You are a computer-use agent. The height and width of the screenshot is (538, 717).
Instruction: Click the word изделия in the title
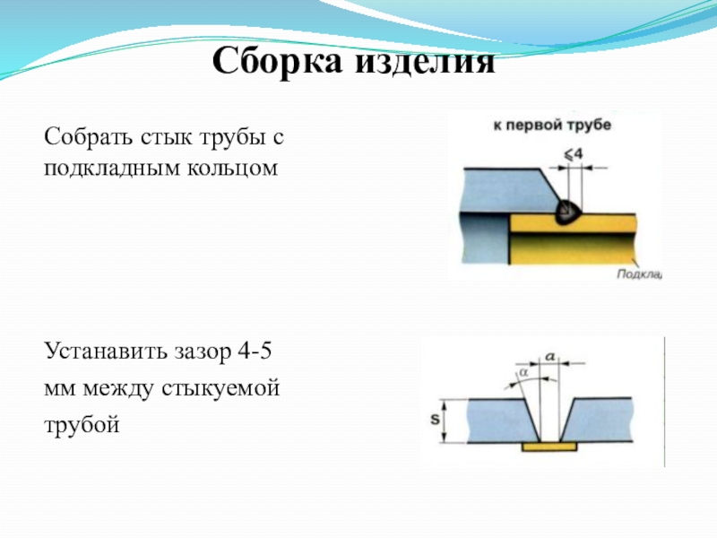tap(427, 62)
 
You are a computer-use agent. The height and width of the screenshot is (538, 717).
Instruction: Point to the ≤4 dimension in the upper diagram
tap(574, 153)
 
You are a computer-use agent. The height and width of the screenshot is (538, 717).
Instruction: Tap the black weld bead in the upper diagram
tap(566, 212)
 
